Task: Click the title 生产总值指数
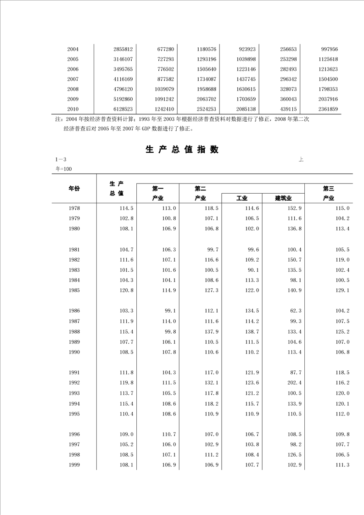(182, 149)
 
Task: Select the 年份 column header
(74, 188)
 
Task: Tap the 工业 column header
(242, 198)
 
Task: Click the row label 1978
(73, 208)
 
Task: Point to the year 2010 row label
(73, 109)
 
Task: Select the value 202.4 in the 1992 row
(294, 383)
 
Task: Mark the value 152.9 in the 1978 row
(294, 208)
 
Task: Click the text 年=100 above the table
(63, 169)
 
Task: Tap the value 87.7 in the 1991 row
(296, 373)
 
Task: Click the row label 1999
(73, 465)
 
